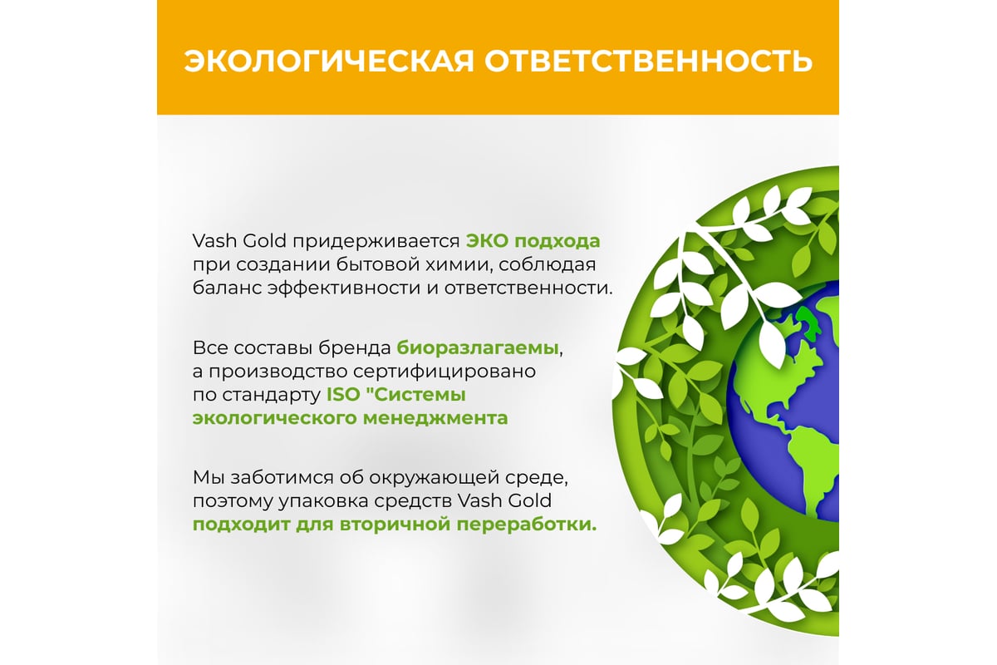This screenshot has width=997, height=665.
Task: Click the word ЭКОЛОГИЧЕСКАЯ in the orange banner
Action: pyautogui.click(x=329, y=61)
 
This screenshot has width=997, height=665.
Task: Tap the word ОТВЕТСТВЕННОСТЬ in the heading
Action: pyautogui.click(x=649, y=61)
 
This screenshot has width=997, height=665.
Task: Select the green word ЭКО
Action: pyautogui.click(x=487, y=241)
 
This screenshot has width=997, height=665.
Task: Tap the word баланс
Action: pyautogui.click(x=226, y=288)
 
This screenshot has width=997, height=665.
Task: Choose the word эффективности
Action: pyautogui.click(x=344, y=288)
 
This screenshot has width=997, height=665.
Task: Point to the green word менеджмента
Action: pyautogui.click(x=435, y=419)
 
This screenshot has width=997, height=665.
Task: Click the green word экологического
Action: pyautogui.click(x=274, y=419)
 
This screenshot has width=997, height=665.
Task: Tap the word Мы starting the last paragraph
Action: pyautogui.click(x=208, y=478)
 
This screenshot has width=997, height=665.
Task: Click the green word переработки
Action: pyautogui.click(x=527, y=525)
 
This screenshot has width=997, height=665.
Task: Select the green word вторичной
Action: pyautogui.click(x=395, y=525)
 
